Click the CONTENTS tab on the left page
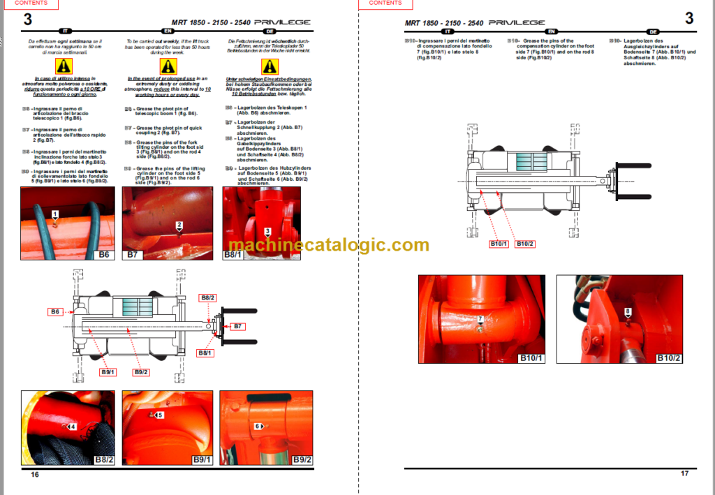pos(33,3)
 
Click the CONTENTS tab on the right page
pos(385,3)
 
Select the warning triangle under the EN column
pos(168,66)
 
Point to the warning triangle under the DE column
pos(270,66)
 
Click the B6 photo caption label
pos(105,255)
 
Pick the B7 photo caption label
pos(133,255)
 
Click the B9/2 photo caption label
pos(301,459)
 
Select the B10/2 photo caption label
pos(669,358)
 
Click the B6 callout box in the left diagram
pos(56,311)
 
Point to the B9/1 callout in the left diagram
pos(107,372)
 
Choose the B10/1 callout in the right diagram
pos(499,244)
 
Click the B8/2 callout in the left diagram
pos(208,298)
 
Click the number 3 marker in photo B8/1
pos(267,231)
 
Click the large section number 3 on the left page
pos(28,19)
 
